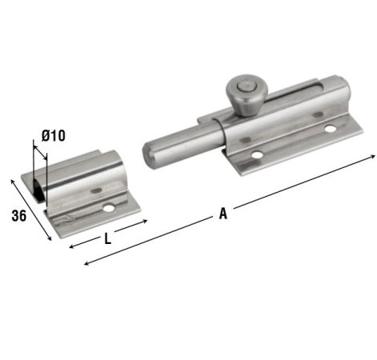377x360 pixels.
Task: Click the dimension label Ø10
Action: click(53, 136)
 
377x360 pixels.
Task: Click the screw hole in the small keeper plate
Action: click(110, 209)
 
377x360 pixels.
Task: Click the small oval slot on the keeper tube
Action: click(96, 190)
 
